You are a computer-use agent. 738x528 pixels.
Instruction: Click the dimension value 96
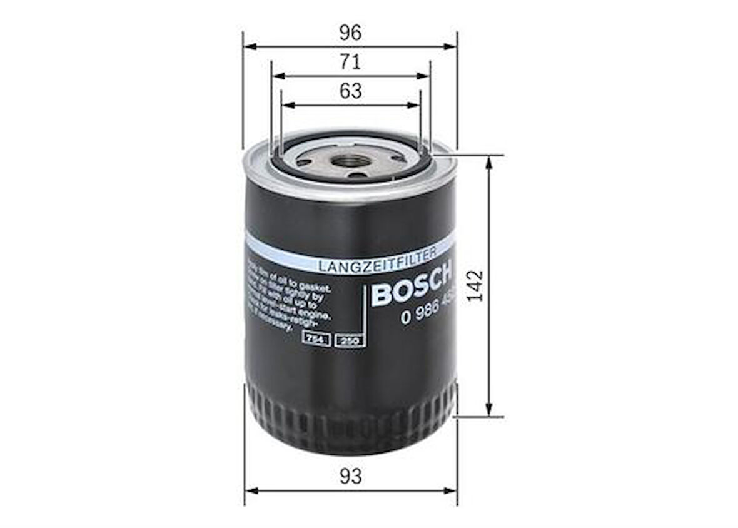click(x=350, y=33)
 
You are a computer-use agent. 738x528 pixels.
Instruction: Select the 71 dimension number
click(x=350, y=63)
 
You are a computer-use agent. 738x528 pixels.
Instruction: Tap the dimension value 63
click(x=350, y=91)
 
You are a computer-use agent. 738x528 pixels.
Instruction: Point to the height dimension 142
click(x=476, y=285)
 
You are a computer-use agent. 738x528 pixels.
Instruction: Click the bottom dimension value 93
click(x=351, y=477)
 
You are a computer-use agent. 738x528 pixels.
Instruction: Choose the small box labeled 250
click(x=349, y=340)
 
